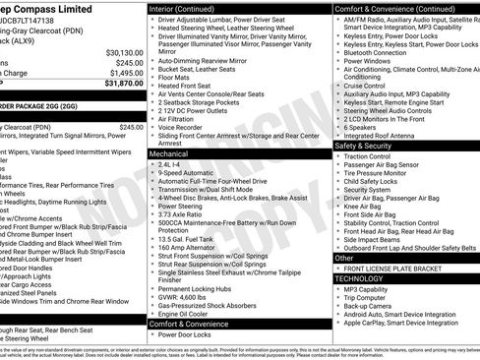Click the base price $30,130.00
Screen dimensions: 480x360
118,52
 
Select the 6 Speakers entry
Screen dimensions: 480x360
360,126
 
